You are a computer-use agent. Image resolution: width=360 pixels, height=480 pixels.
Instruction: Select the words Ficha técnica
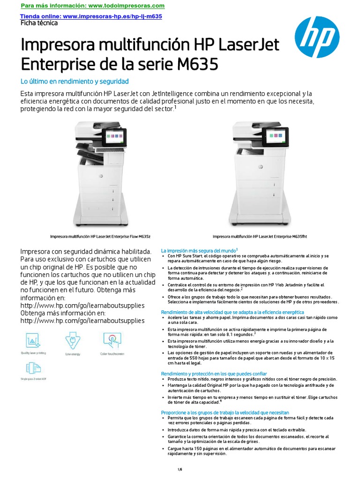39,22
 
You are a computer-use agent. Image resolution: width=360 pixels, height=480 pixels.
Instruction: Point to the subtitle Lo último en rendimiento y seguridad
74,81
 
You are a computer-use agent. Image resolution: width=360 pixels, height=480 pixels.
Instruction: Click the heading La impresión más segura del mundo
199,250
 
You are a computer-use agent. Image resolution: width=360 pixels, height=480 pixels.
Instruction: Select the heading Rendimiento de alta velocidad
232,312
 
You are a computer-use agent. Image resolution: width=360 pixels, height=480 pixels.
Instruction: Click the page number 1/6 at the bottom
180,469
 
